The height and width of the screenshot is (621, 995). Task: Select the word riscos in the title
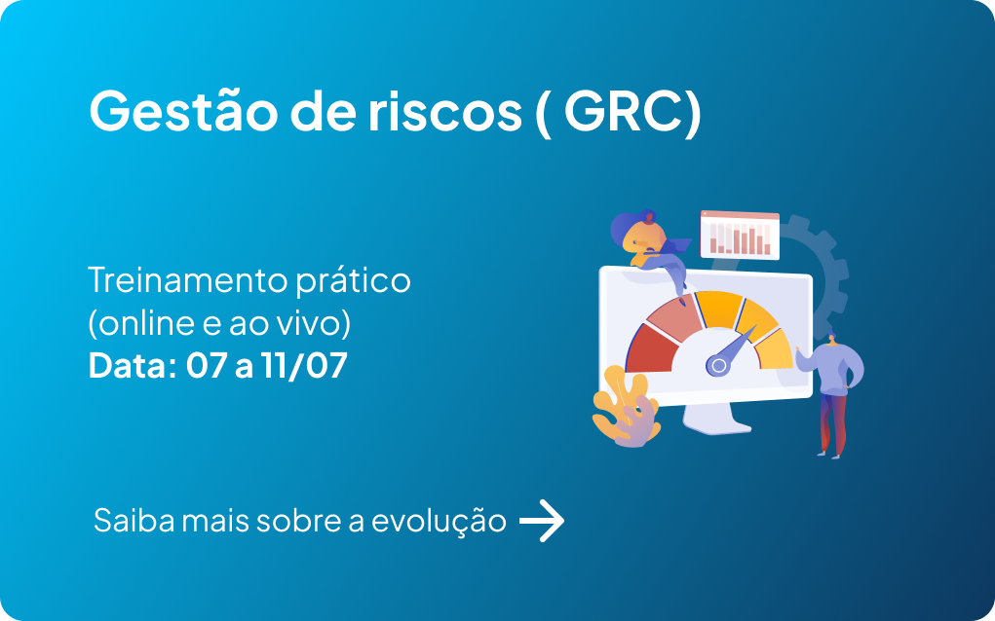click(x=444, y=112)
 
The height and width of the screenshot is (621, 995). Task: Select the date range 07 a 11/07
click(x=266, y=366)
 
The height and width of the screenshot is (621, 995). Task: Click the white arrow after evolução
click(x=542, y=521)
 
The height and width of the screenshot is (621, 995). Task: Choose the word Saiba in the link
click(x=134, y=521)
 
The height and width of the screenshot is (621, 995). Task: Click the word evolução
click(x=439, y=522)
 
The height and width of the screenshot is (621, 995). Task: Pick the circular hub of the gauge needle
click(x=718, y=365)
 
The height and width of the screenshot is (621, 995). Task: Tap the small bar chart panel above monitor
click(x=740, y=236)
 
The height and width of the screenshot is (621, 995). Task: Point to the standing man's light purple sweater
click(x=831, y=369)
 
